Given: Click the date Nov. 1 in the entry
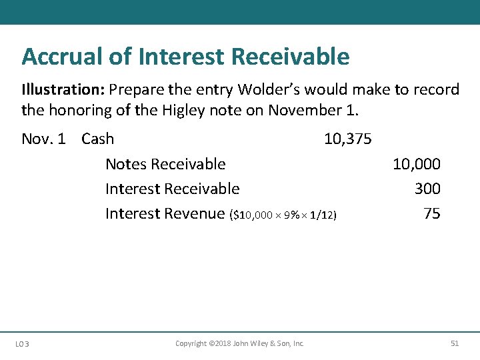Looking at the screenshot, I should pos(43,139).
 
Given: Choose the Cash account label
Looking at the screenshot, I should pos(97,139).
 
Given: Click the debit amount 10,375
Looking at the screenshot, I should pos(347,139).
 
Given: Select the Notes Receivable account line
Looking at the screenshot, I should pos(165,164).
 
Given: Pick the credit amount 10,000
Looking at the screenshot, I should pos(416,164).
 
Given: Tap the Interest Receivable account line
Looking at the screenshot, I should pos(172,189).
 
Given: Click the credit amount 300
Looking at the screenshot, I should pos(427,189).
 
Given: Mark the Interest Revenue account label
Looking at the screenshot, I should pos(165,213).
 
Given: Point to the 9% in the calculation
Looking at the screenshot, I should pos(292,215).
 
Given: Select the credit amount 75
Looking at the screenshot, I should pos(431,213).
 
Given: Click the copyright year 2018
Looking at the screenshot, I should pos(220,343).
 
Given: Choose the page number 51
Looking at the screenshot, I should pos(455,343).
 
